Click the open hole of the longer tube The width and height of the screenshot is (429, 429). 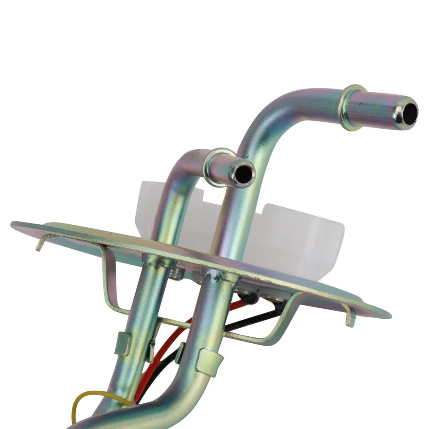pyautogui.click(x=410, y=111)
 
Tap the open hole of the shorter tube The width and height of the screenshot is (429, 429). pyautogui.click(x=244, y=173)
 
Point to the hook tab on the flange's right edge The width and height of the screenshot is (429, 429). pyautogui.click(x=349, y=317)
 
